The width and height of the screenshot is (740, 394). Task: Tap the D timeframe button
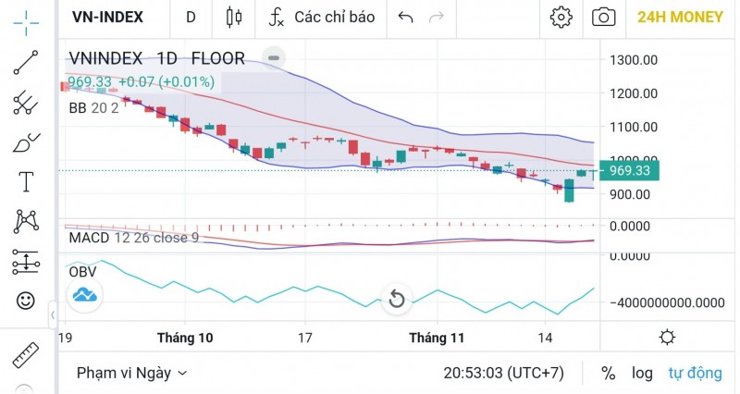191,17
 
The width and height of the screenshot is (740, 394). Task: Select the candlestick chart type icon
233,17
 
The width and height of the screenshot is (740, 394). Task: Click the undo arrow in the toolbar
404,17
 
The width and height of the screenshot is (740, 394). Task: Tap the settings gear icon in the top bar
561,17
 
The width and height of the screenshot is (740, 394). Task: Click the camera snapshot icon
604,17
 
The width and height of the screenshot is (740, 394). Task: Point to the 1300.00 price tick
634,60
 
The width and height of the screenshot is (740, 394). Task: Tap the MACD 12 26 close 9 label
134,238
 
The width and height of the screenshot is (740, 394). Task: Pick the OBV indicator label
83,272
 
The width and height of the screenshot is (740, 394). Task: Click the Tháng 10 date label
185,339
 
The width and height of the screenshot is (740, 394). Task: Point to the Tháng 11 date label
437,339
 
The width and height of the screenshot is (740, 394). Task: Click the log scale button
642,373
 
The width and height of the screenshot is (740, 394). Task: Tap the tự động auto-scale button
695,373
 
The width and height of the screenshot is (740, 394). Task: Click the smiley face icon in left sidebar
26,301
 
